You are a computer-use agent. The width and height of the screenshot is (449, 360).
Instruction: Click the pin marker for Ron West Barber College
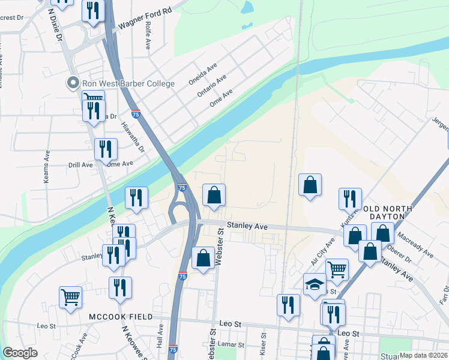pos(73,83)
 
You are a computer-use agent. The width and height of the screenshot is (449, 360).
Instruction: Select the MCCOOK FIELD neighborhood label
pos(121,316)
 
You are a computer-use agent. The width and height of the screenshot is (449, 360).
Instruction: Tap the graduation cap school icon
pos(314,284)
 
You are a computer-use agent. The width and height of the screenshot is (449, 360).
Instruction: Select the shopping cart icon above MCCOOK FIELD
pos(70,297)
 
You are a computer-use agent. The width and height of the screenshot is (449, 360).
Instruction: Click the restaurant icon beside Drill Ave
pos(106,149)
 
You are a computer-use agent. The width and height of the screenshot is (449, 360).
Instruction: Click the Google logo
pos(20,353)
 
